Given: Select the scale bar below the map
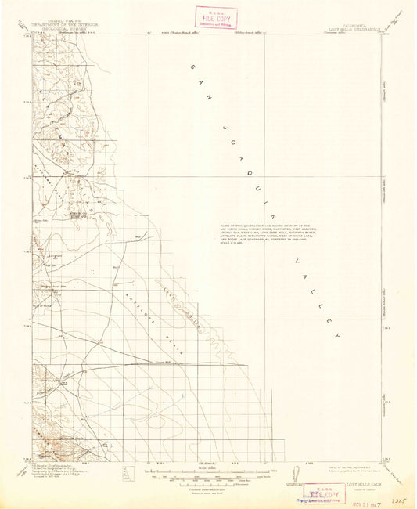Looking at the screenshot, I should [x=208, y=473].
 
